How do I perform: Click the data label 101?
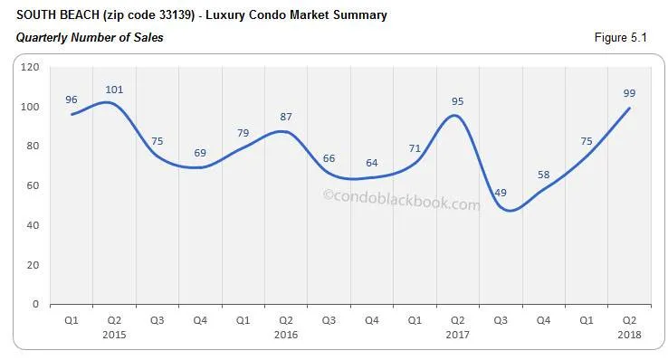[114, 90]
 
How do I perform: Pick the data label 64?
[372, 163]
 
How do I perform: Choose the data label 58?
[544, 175]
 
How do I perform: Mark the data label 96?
[72, 99]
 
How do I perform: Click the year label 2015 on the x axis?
[114, 334]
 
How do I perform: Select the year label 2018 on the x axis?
[630, 334]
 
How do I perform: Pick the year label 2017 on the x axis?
[458, 334]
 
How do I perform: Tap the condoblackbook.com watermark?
[401, 204]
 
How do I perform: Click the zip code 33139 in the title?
[156, 15]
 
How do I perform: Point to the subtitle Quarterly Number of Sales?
[90, 38]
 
